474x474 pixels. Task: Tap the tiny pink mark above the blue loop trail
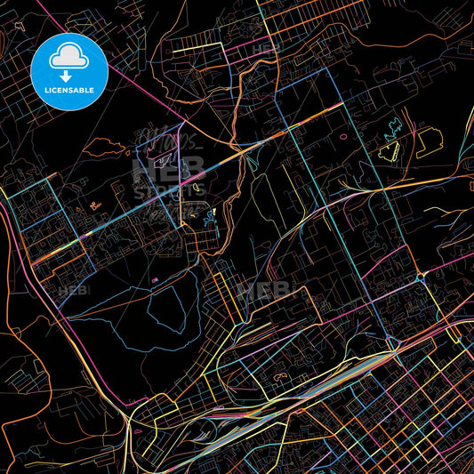pos(157,281)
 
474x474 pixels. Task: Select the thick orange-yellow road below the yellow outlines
pos(418,182)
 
